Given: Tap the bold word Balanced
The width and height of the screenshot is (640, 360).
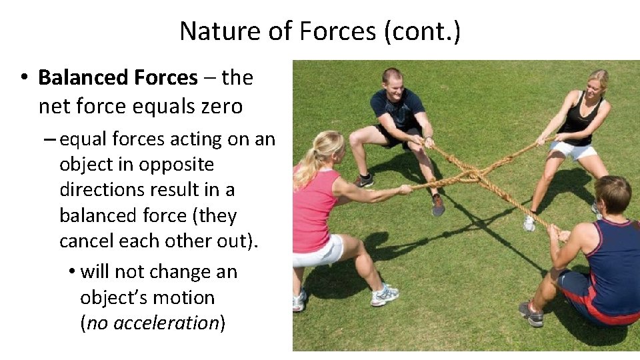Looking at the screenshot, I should click(82, 78).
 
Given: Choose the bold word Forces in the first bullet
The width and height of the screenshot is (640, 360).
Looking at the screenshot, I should click(166, 78).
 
